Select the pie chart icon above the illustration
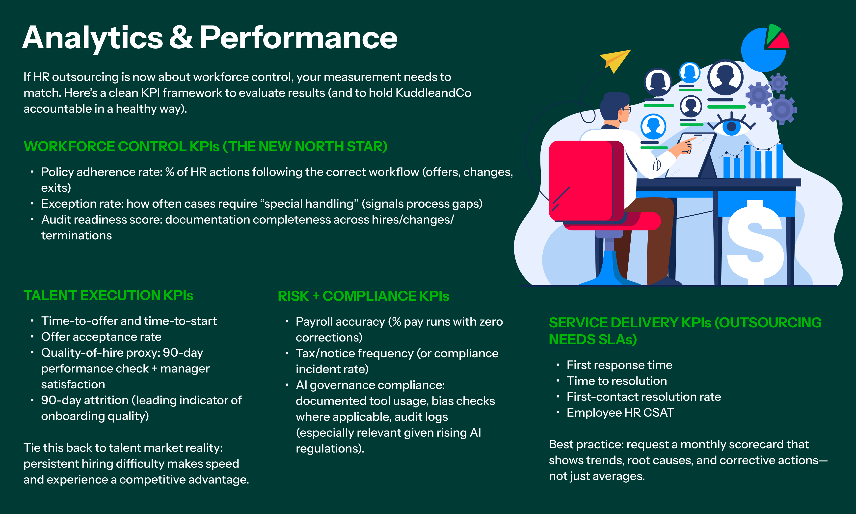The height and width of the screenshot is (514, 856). click(763, 49)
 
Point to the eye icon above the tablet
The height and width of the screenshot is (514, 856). click(731, 126)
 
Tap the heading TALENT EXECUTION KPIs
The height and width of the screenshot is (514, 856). click(108, 295)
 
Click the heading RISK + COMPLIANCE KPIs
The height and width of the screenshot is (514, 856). click(363, 296)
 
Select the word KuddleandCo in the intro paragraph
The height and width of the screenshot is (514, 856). click(433, 93)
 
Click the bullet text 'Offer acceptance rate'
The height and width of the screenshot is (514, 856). click(101, 337)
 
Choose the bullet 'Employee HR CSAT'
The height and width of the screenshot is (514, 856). click(620, 413)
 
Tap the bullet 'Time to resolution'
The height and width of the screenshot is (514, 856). click(616, 381)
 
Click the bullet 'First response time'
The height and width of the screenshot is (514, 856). click(619, 365)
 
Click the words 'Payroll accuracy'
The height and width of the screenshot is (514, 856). click(340, 321)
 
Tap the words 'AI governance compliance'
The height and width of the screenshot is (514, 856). click(370, 385)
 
